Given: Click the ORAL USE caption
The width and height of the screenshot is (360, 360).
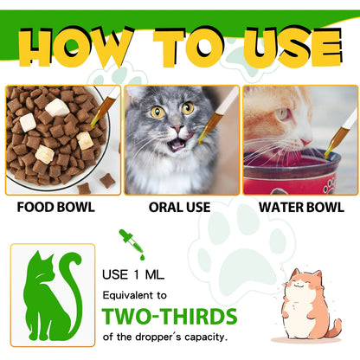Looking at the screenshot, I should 179,209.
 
